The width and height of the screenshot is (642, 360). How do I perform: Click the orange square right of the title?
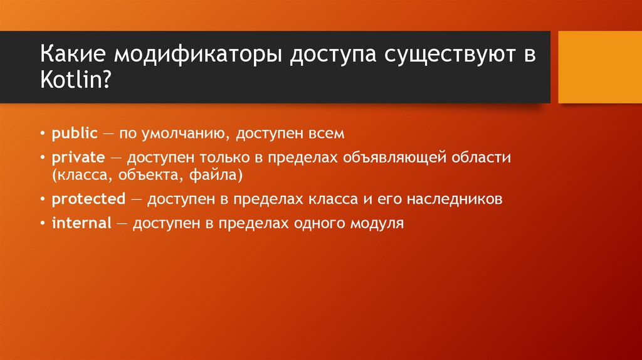599,67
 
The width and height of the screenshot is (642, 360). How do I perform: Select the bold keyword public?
75,134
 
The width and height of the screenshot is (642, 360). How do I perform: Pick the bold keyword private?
78,158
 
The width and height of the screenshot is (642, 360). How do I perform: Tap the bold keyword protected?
88,199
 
